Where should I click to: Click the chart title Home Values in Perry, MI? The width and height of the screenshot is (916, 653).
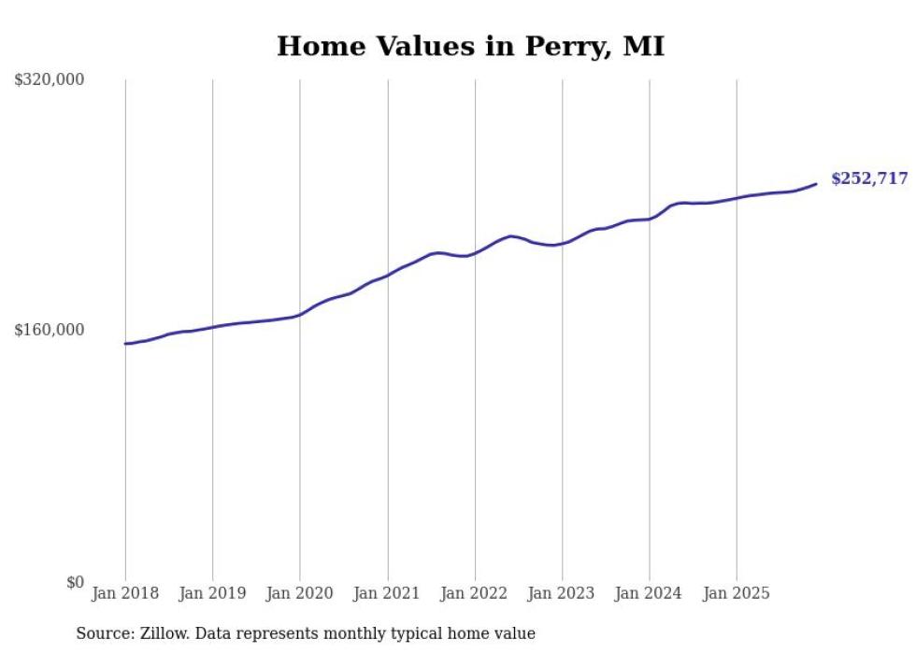pos(470,46)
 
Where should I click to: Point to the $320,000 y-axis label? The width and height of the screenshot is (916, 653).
pos(50,80)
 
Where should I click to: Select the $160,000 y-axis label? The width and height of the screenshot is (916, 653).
pos(50,330)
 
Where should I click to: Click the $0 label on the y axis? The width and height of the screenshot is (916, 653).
pos(75,582)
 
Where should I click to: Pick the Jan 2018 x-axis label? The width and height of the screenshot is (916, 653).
pos(125,593)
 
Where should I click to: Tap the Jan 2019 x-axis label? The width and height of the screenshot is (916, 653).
pos(212,593)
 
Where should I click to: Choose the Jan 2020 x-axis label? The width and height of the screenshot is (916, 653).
pos(300,593)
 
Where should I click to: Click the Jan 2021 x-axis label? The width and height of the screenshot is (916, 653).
pos(387,593)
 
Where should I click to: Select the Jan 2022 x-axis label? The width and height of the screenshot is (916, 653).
pos(475,593)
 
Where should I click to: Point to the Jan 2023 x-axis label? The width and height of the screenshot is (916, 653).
pos(562,593)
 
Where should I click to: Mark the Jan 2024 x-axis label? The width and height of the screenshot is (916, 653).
pos(650,593)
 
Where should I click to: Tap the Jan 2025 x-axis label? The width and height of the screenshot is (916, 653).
pos(737,593)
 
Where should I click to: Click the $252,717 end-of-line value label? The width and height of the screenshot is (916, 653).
pos(869,178)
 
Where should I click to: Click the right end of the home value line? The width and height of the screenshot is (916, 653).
pos(817,183)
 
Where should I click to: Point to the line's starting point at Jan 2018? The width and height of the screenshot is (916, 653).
pos(125,344)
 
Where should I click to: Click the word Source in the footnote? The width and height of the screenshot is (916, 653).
pos(103,634)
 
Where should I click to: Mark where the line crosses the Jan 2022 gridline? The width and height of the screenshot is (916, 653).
pos(475,252)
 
